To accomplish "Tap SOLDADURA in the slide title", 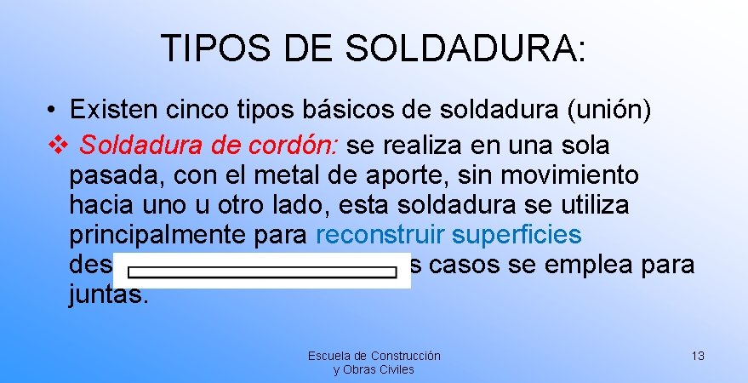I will (x=465, y=49).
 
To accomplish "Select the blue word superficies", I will (x=517, y=235).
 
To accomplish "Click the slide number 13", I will (x=697, y=356).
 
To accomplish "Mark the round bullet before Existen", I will (x=52, y=111).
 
